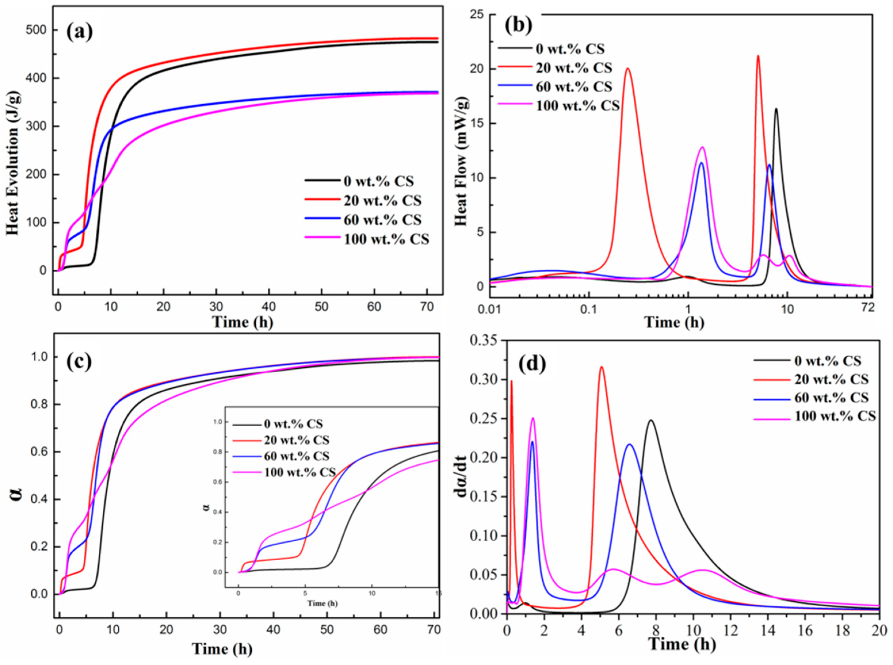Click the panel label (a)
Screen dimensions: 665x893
[79, 32]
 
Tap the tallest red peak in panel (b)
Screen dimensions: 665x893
[758, 56]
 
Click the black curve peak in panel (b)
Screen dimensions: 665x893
[776, 109]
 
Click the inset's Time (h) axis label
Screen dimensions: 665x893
[322, 603]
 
